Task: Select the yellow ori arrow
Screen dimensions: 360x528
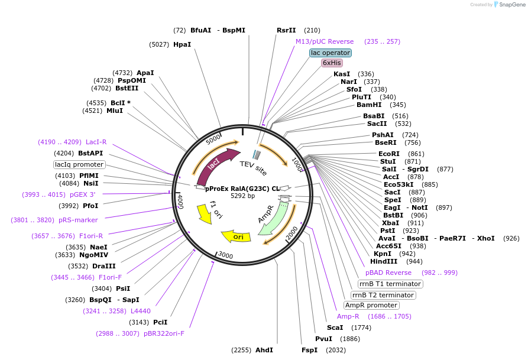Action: (236, 236)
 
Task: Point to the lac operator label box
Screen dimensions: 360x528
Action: (331, 53)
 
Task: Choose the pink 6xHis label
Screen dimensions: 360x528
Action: (332, 63)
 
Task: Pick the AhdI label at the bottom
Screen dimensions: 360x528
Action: (264, 350)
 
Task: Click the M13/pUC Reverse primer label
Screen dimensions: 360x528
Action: (325, 41)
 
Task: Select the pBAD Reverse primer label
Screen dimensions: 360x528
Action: (388, 273)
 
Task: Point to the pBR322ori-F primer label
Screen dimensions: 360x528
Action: (164, 333)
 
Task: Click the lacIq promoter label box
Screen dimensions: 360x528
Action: (79, 164)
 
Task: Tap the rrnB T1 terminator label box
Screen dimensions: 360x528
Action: (390, 284)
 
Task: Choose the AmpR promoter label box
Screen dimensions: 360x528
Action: (371, 305)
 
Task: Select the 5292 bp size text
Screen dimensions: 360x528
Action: (242, 196)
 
